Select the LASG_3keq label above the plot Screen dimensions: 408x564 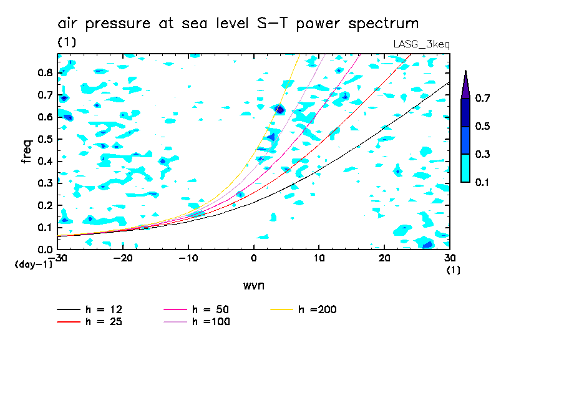pos(421,44)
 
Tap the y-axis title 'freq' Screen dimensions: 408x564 pos(27,151)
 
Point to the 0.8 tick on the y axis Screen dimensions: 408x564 pos(45,72)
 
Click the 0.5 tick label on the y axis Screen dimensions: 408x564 pos(45,139)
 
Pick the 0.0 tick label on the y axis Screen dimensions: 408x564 pos(45,250)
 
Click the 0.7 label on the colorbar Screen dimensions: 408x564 pos(482,99)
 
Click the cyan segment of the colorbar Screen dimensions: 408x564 pos(465,168)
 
